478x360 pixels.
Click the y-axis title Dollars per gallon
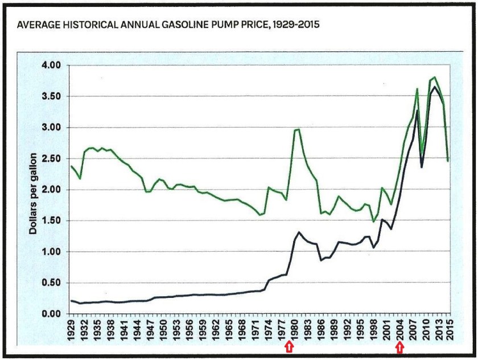34,190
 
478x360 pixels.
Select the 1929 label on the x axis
72,329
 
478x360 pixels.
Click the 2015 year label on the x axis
451,329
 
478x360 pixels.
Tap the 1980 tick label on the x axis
296,329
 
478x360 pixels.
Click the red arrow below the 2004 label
400,347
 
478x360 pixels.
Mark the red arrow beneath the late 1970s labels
289,347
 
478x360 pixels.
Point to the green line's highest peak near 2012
435,77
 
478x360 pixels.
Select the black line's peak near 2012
435,87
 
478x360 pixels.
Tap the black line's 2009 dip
422,167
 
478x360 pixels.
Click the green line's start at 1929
71,166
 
